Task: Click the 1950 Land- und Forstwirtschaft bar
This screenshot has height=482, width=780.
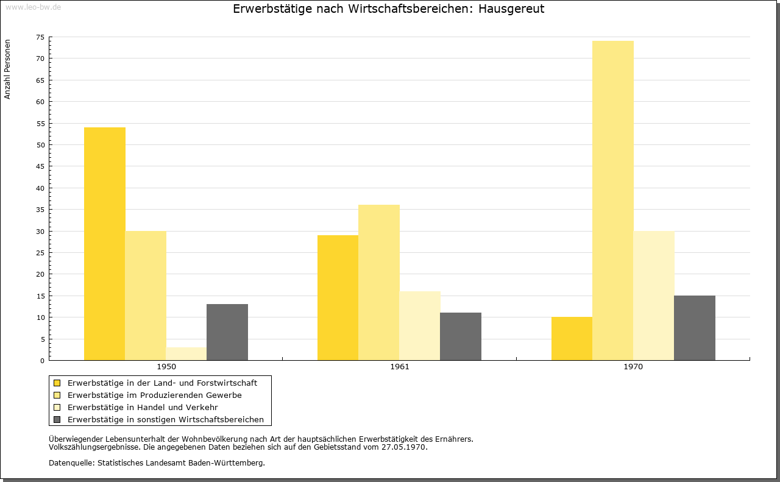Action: pyautogui.click(x=105, y=244)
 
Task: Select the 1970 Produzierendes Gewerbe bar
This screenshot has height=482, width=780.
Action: pyautogui.click(x=613, y=200)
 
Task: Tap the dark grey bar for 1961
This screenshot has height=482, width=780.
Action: pyautogui.click(x=461, y=336)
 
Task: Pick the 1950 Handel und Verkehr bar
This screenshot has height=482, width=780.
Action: pyautogui.click(x=186, y=354)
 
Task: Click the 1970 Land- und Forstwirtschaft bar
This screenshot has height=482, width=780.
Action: pyautogui.click(x=572, y=339)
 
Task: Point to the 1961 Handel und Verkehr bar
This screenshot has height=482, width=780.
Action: pyautogui.click(x=420, y=325)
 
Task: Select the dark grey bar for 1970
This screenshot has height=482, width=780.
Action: pyautogui.click(x=695, y=328)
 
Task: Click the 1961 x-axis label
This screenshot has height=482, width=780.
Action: pyautogui.click(x=400, y=367)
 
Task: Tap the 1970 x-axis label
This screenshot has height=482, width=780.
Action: pyautogui.click(x=633, y=367)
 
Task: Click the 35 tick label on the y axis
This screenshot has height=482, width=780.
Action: pyautogui.click(x=40, y=210)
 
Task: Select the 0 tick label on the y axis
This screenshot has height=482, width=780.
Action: pyautogui.click(x=43, y=361)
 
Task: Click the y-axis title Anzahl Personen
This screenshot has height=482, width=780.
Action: pyautogui.click(x=7, y=69)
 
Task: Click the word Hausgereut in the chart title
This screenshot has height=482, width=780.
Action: pyautogui.click(x=511, y=9)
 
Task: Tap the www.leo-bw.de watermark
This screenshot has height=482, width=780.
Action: pyautogui.click(x=34, y=7)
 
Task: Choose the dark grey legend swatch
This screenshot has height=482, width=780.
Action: pyautogui.click(x=57, y=420)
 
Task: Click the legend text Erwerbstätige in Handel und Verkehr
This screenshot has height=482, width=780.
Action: pyautogui.click(x=143, y=408)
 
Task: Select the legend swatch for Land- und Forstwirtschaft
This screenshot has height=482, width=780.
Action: pyautogui.click(x=57, y=383)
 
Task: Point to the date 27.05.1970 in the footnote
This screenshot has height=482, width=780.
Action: pyautogui.click(x=403, y=447)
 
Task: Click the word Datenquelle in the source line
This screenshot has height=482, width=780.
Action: pyautogui.click(x=71, y=463)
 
